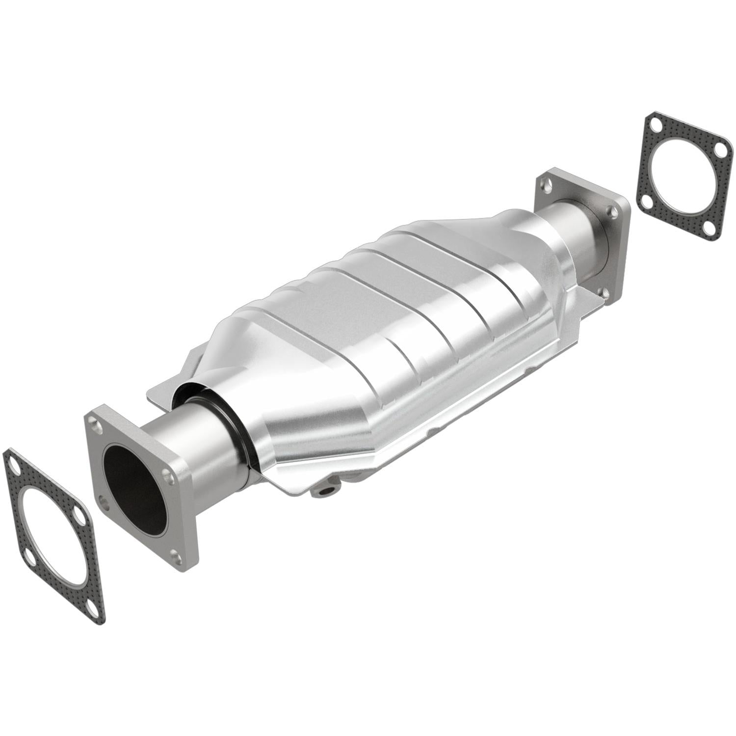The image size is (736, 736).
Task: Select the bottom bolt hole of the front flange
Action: coord(175,554)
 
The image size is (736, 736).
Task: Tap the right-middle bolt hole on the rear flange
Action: coord(610,212)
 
